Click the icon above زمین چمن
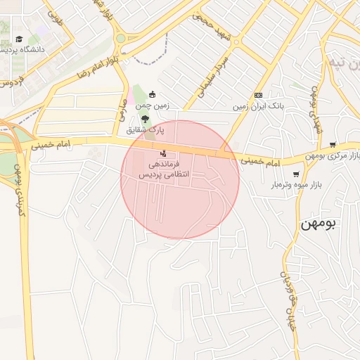152,95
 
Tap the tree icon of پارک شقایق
145,119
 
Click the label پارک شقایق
145,130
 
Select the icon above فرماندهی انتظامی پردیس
164,152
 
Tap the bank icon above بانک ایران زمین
259,95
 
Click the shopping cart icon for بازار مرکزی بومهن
333,144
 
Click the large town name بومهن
319,224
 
